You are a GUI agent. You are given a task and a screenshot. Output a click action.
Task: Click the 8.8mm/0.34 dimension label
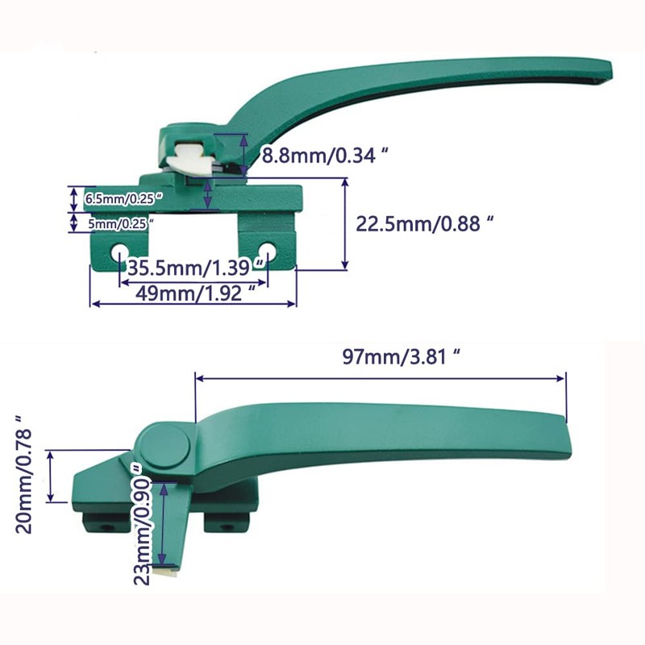(319, 156)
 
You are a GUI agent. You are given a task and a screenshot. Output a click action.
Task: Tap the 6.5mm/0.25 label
(123, 198)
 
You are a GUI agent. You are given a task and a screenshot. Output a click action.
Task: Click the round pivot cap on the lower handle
(166, 445)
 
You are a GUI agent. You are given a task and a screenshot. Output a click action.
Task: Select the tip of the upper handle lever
(617, 69)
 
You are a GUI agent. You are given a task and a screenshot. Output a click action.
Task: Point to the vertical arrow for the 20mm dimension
(52, 476)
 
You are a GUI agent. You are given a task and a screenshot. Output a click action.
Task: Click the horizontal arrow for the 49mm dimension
(193, 304)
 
